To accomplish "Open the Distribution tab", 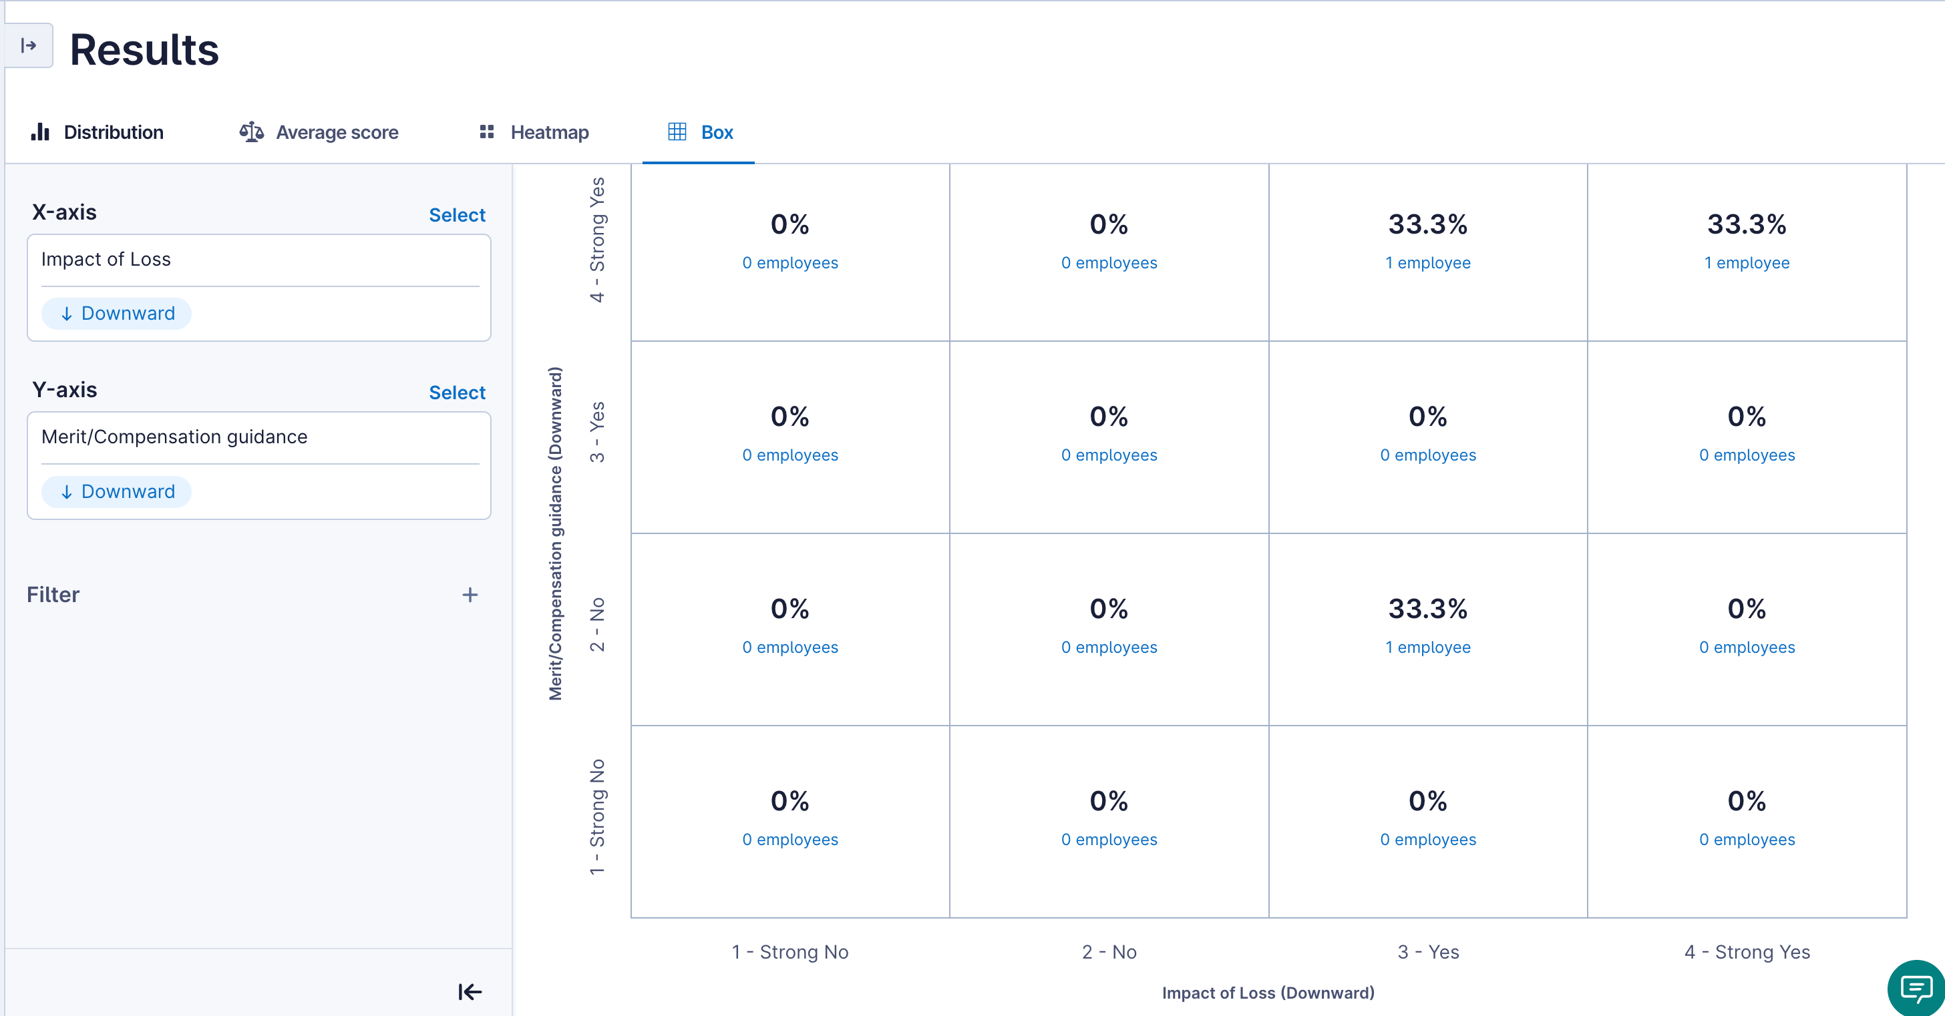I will click(x=98, y=132).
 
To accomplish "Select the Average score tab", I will click(x=319, y=132).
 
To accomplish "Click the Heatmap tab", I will click(x=534, y=132).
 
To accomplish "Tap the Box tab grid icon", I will click(x=677, y=132).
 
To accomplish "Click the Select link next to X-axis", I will click(x=457, y=215).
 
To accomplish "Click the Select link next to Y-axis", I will click(x=457, y=393).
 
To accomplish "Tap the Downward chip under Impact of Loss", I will click(x=116, y=313).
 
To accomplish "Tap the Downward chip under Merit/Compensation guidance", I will click(x=116, y=491).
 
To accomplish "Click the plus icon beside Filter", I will click(x=470, y=595).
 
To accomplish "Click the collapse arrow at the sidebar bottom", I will click(x=470, y=991).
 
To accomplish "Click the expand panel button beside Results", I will click(x=29, y=45).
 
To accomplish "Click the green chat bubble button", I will click(x=1916, y=988).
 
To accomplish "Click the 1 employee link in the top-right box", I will click(x=1746, y=263).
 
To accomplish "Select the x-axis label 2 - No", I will click(x=1108, y=952).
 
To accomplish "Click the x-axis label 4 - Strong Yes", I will click(x=1747, y=952).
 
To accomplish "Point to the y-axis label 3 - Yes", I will click(x=597, y=431).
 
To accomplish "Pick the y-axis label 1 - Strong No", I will click(x=597, y=816).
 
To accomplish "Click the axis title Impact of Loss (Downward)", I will click(x=1268, y=993).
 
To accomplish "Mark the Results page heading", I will click(x=144, y=50).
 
